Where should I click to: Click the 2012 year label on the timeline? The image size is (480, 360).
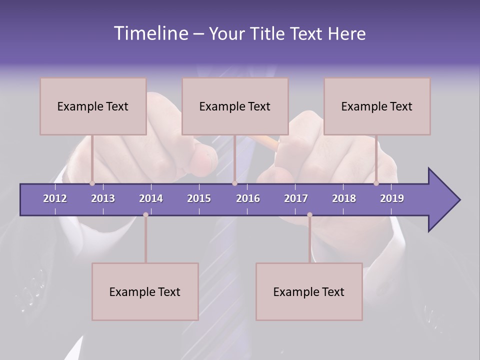pyautogui.click(x=55, y=198)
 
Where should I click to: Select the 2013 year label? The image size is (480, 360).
pyautogui.click(x=103, y=198)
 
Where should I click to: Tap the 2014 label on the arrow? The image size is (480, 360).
pyautogui.click(x=151, y=198)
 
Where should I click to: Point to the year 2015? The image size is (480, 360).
pyautogui.click(x=199, y=198)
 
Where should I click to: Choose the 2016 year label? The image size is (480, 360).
pyautogui.click(x=248, y=198)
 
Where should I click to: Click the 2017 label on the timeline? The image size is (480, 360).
pyautogui.click(x=296, y=198)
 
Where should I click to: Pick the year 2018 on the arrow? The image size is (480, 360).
pyautogui.click(x=344, y=198)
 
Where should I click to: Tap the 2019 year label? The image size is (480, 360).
pyautogui.click(x=392, y=198)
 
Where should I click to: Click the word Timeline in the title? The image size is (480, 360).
pyautogui.click(x=150, y=33)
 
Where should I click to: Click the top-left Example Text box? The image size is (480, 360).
pyautogui.click(x=93, y=106)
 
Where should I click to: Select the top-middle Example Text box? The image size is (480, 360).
pyautogui.click(x=235, y=106)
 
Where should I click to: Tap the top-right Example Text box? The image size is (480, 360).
pyautogui.click(x=377, y=106)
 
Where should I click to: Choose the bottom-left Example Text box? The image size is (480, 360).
pyautogui.click(x=145, y=291)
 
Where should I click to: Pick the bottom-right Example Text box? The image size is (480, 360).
pyautogui.click(x=309, y=291)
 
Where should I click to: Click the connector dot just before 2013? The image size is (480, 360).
pyautogui.click(x=92, y=183)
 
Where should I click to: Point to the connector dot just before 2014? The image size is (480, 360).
pyautogui.click(x=145, y=214)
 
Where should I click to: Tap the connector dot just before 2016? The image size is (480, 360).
pyautogui.click(x=234, y=183)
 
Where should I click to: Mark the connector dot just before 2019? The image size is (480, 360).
pyautogui.click(x=376, y=183)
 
